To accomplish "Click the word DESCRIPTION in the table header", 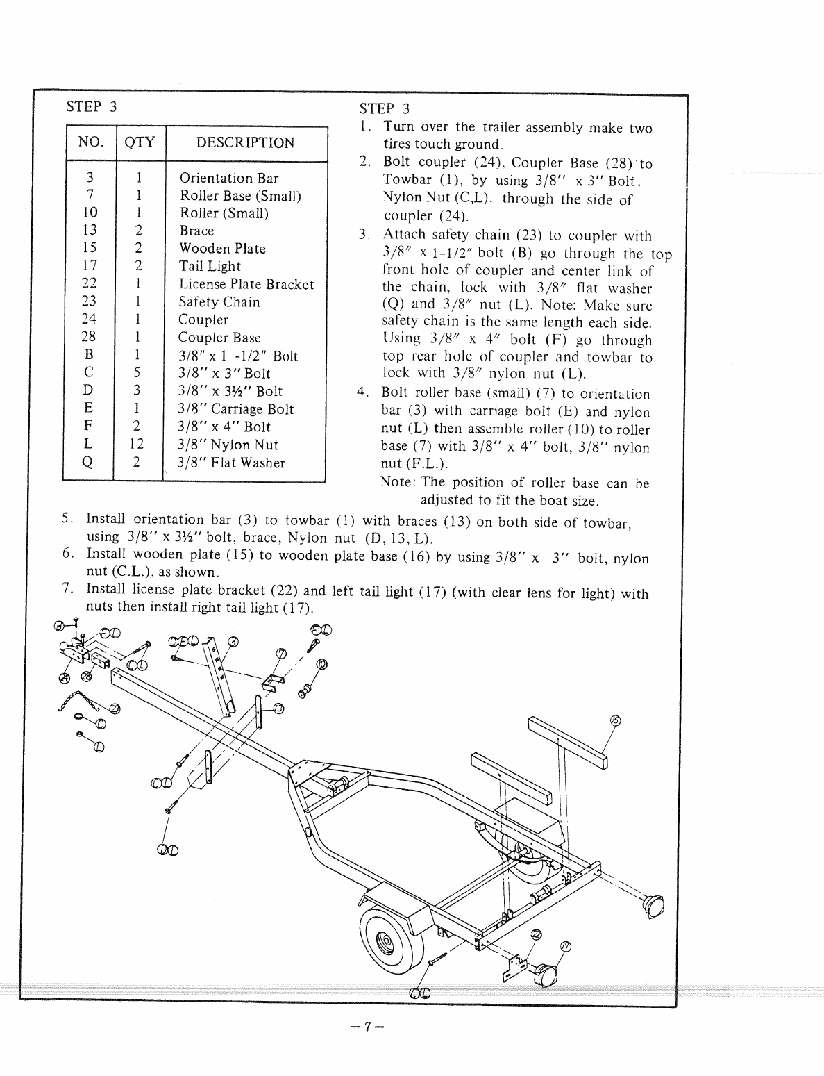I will pyautogui.click(x=245, y=143).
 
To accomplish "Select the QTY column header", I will pyautogui.click(x=140, y=143).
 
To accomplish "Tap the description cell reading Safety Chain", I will pyautogui.click(x=219, y=302).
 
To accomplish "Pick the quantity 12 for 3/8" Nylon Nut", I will pyautogui.click(x=137, y=445).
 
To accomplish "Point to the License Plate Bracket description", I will pyautogui.click(x=246, y=284).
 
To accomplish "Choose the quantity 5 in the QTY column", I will pyautogui.click(x=137, y=374).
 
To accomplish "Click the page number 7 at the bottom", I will pyautogui.click(x=368, y=1025).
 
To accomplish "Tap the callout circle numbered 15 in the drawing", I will pyautogui.click(x=614, y=720).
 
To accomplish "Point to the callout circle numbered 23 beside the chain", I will pyautogui.click(x=114, y=709).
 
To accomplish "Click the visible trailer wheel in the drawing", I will pyautogui.click(x=385, y=941).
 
